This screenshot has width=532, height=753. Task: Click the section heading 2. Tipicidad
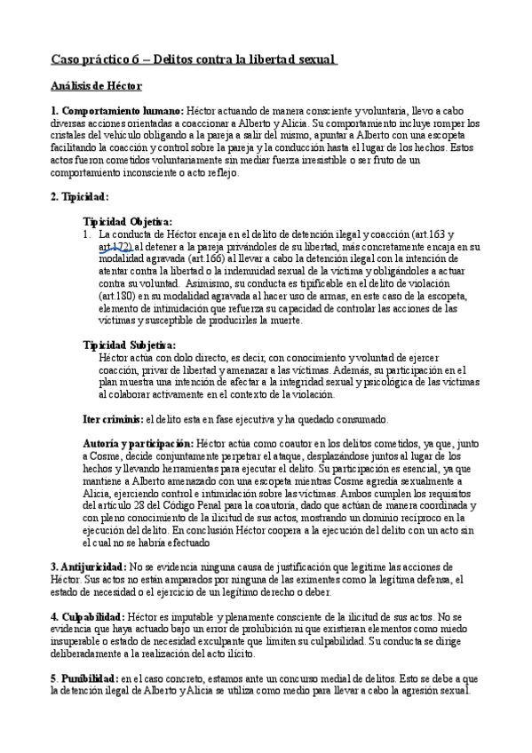tap(80, 197)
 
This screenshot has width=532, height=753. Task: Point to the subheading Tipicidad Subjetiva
tap(129, 345)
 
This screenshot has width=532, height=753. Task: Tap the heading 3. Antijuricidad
tap(87, 566)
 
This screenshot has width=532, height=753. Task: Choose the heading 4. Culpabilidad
tap(87, 615)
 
